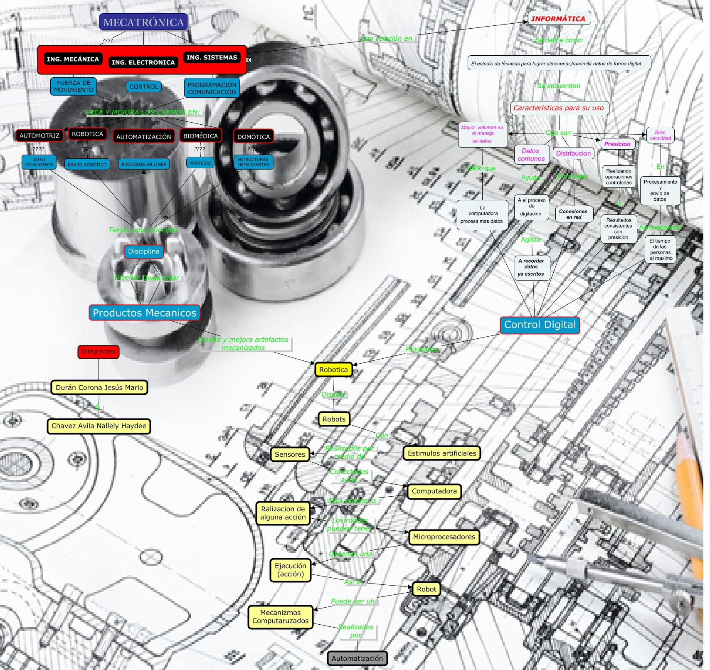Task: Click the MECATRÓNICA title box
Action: [143, 22]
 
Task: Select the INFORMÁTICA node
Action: [558, 19]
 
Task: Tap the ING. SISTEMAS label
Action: [212, 58]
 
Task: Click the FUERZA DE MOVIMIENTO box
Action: [74, 86]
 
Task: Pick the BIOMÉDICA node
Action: [200, 136]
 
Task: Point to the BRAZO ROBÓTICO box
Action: [87, 165]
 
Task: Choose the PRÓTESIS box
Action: [200, 163]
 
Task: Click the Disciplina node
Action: [143, 251]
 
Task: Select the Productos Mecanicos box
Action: [144, 313]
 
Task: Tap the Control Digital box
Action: [540, 325]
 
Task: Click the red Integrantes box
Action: [99, 352]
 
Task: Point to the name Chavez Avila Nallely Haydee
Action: [99, 426]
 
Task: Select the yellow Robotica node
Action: [333, 369]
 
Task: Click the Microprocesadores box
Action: [444, 537]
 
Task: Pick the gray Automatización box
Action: [357, 658]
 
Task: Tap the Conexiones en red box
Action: [573, 214]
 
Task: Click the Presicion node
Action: [617, 144]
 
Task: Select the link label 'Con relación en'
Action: [386, 39]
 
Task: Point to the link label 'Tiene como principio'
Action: [143, 230]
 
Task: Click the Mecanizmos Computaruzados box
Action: [281, 617]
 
